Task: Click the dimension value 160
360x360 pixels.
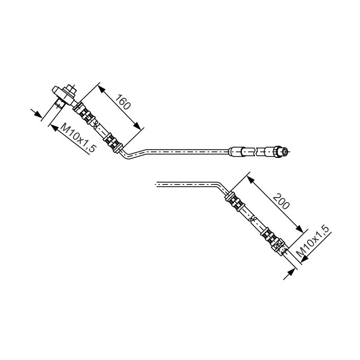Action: tap(123, 102)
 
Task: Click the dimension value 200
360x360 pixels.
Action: tap(281, 201)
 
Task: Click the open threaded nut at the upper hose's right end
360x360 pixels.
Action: tap(281, 152)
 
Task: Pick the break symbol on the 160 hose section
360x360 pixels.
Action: tap(97, 124)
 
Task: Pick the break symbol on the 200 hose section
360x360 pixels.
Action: tap(253, 219)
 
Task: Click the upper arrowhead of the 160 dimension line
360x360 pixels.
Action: tap(101, 89)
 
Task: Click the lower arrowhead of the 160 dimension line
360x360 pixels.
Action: tap(137, 125)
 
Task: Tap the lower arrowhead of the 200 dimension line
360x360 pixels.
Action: tap(299, 229)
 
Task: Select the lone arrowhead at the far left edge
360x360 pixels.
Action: tap(37, 114)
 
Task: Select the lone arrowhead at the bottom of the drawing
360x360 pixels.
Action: tap(291, 273)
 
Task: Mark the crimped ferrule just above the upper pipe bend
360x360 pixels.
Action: tap(113, 142)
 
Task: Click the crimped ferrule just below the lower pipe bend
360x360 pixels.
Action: tap(234, 201)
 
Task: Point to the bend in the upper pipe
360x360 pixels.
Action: tap(129, 157)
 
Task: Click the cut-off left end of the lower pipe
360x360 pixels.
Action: tap(157, 184)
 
